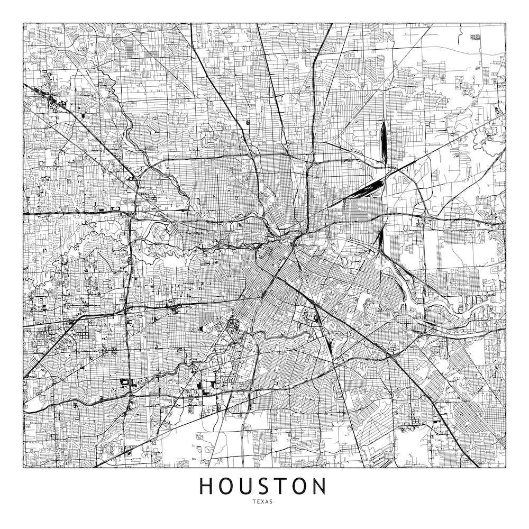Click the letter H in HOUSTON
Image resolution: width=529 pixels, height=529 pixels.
pos(206,486)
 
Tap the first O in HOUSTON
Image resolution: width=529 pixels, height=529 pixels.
pos(226,486)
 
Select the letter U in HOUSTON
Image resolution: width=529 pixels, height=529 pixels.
pos(247,486)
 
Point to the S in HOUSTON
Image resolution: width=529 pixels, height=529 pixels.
pos(265,486)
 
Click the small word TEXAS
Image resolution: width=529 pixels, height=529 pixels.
pos(263,502)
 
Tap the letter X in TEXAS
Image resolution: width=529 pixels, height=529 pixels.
pos(263,502)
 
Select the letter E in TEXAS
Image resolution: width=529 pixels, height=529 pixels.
pos(259,502)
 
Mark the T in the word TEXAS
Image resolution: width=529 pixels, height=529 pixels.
pos(254,502)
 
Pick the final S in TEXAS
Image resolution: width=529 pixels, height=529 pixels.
pos(272,502)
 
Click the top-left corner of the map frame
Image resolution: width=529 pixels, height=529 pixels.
pos(23,23)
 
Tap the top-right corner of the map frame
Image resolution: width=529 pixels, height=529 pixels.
pos(506,23)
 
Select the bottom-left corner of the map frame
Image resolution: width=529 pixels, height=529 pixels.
pos(23,468)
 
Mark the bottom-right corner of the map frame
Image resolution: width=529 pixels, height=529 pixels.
pos(506,468)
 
